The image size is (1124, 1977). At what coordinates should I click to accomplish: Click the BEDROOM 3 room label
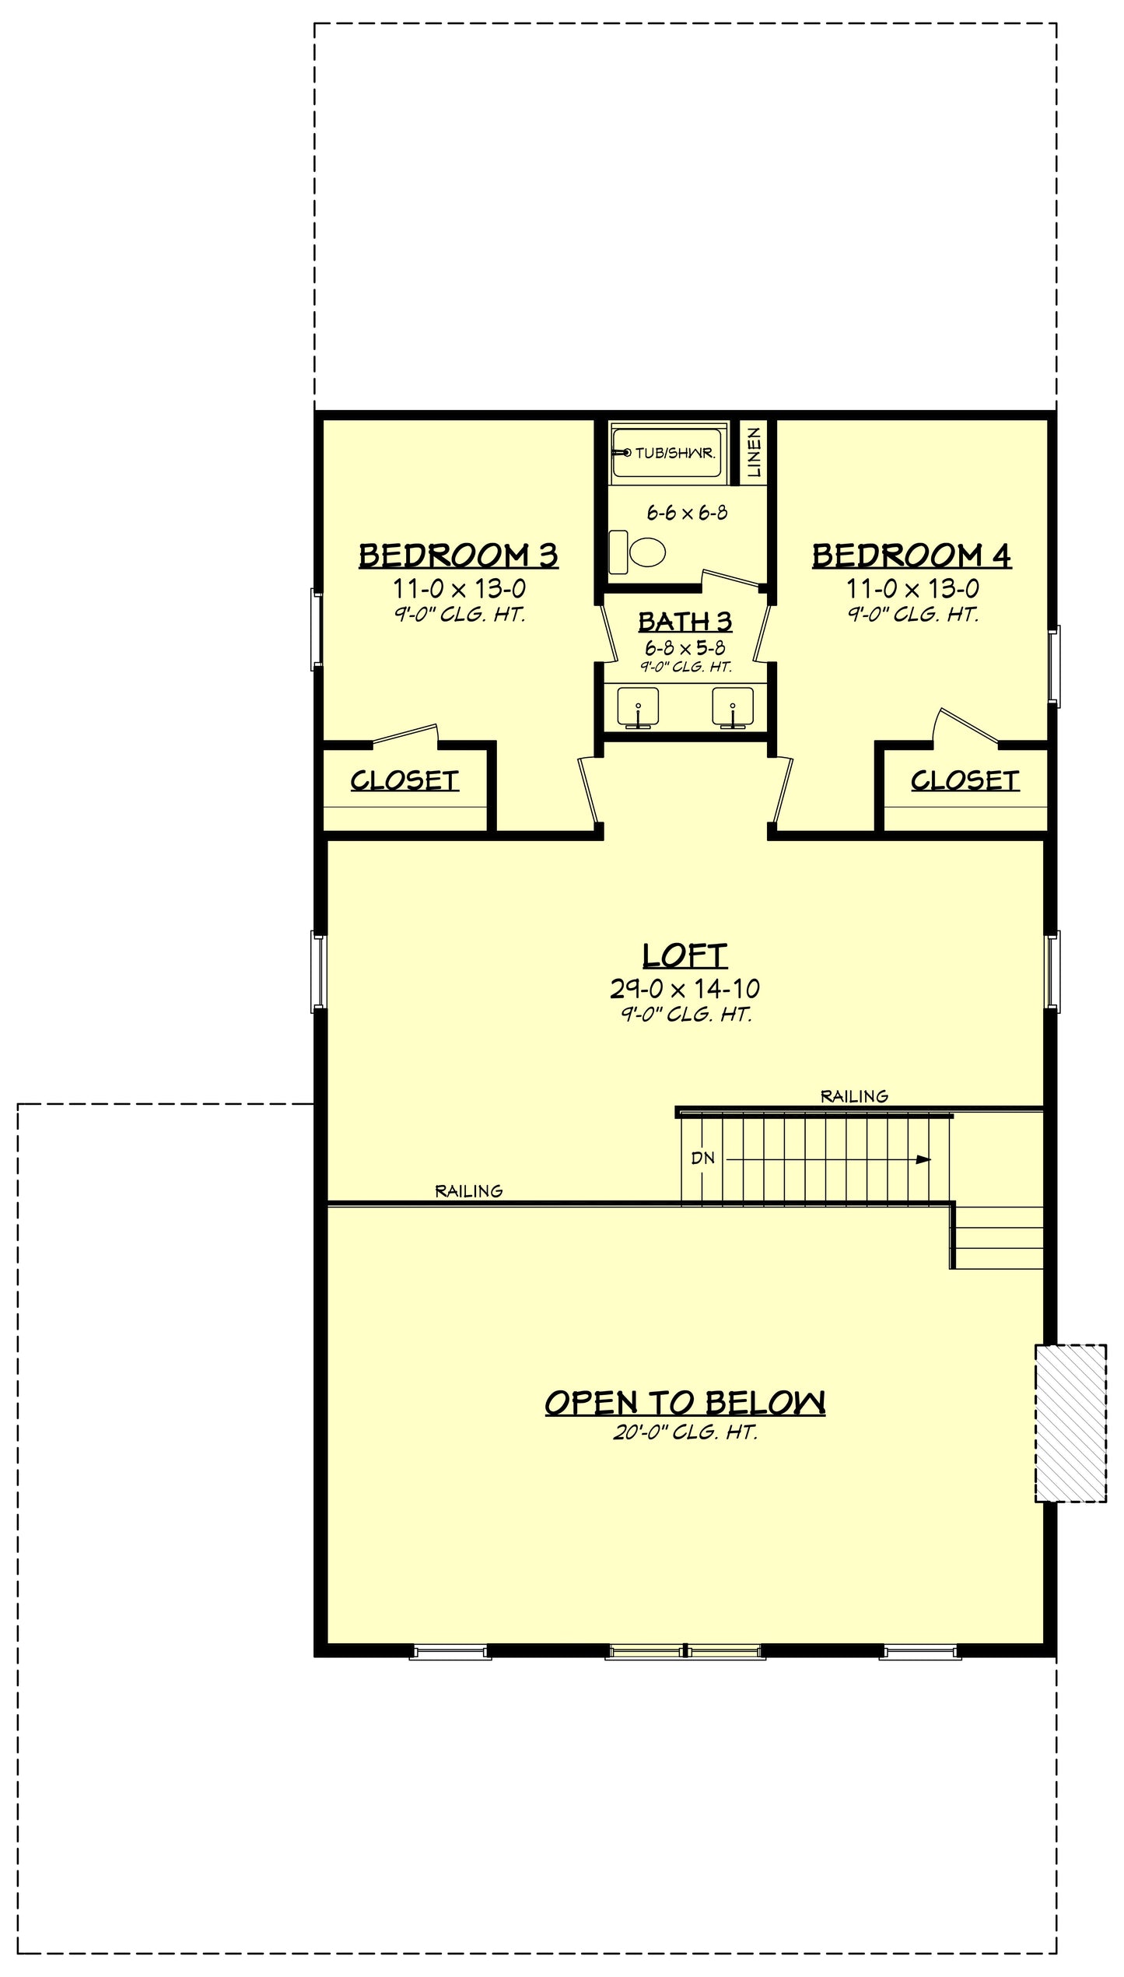click(x=458, y=556)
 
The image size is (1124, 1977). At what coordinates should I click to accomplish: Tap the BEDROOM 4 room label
click(x=912, y=556)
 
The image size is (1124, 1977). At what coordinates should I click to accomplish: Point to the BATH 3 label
click(x=685, y=622)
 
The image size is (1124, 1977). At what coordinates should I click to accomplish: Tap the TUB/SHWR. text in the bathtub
click(x=674, y=453)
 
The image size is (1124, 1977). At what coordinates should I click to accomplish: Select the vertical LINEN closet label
click(x=754, y=453)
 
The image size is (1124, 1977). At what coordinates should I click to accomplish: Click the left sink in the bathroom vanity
click(x=638, y=707)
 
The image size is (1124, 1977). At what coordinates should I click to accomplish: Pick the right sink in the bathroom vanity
click(x=733, y=707)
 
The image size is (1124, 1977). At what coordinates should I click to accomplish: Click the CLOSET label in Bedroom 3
click(x=404, y=780)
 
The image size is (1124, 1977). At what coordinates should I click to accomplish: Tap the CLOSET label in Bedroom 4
click(x=965, y=780)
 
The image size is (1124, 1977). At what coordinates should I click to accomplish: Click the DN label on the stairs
click(x=702, y=1158)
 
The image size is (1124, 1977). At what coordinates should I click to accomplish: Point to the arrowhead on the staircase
click(x=923, y=1159)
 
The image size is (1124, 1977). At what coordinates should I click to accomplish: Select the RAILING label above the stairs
click(x=854, y=1096)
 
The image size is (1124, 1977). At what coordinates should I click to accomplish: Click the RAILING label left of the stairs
click(x=468, y=1190)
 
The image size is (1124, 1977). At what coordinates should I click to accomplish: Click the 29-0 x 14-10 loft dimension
click(x=685, y=989)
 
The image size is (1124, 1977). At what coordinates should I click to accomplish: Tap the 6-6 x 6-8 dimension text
click(x=687, y=513)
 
